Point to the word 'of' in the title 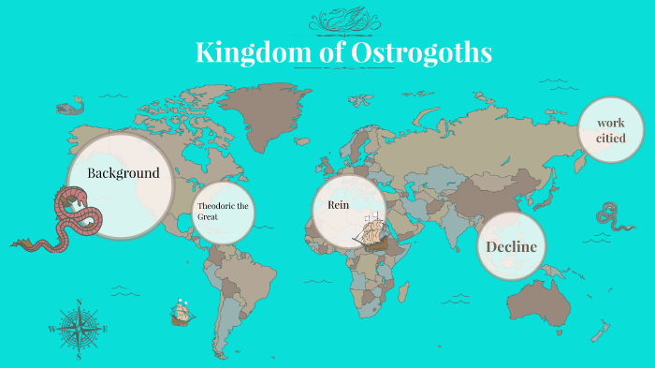click(x=332, y=52)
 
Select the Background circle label click(x=123, y=173)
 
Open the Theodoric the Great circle click(x=223, y=211)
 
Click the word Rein click(x=338, y=204)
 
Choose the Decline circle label click(x=512, y=246)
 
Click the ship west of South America click(x=181, y=312)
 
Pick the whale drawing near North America click(x=69, y=109)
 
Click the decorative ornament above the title click(x=343, y=20)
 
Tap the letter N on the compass click(x=80, y=302)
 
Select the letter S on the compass click(x=80, y=356)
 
